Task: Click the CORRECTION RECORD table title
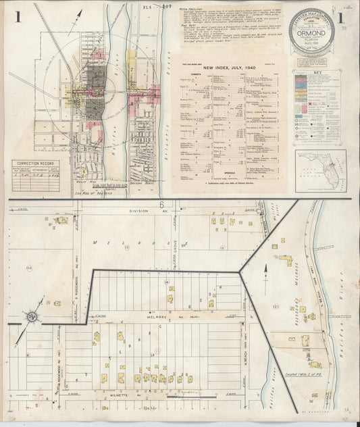point(36,164)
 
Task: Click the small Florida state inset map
point(320,170)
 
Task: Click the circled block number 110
point(29,269)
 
